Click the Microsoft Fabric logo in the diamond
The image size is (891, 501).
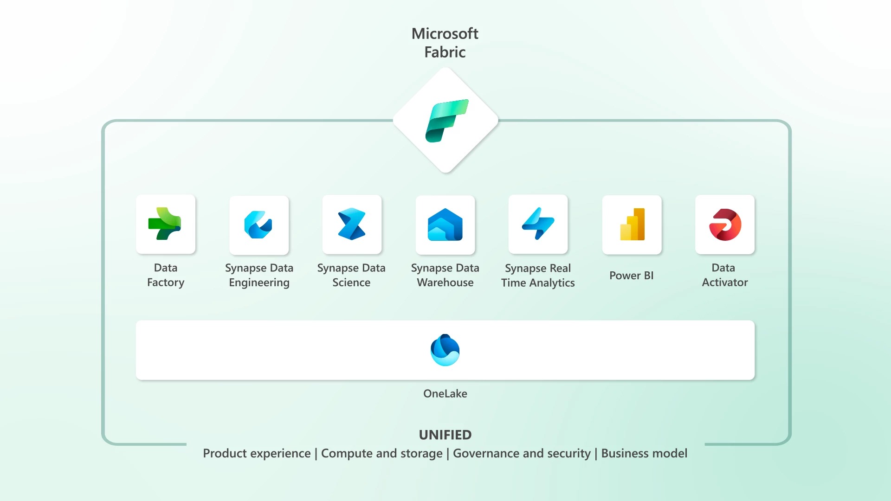pos(446,121)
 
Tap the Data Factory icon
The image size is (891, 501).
pos(165,224)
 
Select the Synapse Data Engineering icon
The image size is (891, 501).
pos(258,225)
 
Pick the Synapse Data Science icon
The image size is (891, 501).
pos(351,225)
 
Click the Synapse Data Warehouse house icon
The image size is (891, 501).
pos(445,225)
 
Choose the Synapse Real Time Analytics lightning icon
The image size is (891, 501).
pos(538,224)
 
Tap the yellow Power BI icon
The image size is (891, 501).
pos(632,225)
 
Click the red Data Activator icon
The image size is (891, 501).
pos(725,225)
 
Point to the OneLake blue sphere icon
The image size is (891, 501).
pos(445,350)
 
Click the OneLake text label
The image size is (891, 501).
pos(445,393)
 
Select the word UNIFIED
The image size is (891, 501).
pos(445,435)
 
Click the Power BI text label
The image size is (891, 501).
pos(631,276)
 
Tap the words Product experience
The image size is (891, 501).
pos(257,453)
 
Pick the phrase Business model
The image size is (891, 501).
pos(644,453)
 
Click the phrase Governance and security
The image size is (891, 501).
pos(522,453)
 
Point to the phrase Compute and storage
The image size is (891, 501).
pos(381,453)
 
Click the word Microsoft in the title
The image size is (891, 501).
pos(445,33)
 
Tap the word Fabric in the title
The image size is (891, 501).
pos(445,52)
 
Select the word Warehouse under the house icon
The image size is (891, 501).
pos(445,283)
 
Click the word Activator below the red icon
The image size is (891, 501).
pos(725,283)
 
